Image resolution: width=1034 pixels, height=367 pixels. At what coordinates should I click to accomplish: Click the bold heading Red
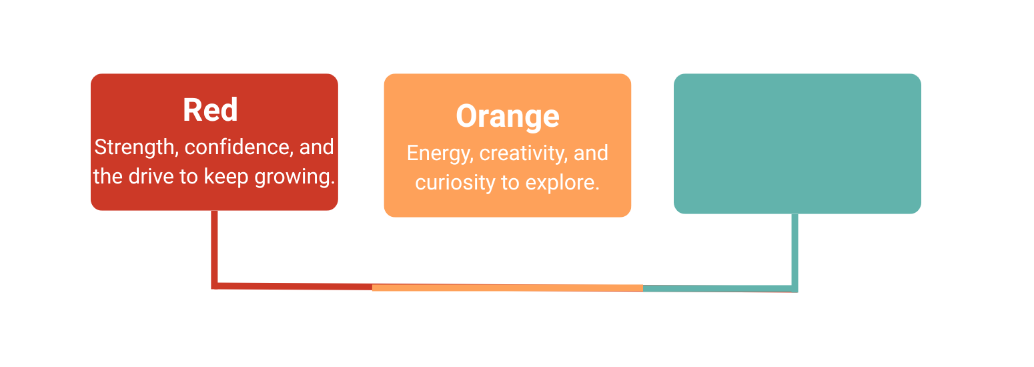tap(211, 110)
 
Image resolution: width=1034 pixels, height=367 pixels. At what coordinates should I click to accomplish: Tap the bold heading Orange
tap(508, 116)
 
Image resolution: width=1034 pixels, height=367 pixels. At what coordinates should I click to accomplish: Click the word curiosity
tap(455, 183)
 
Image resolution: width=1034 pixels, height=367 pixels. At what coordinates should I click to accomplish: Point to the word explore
tap(562, 183)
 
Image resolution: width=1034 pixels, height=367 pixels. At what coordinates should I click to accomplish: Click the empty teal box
tap(797, 143)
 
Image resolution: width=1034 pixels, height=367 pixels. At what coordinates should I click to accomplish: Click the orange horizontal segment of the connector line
tap(508, 288)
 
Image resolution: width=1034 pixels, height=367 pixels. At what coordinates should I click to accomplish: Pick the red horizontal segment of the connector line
tap(292, 286)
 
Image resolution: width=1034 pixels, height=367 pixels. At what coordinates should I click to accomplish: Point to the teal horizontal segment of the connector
tap(720, 288)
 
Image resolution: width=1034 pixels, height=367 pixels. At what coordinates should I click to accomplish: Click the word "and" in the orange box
tap(591, 153)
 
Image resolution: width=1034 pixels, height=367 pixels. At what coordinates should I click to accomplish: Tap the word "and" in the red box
tap(316, 147)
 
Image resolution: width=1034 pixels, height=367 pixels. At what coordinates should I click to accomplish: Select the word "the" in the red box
tap(108, 176)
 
